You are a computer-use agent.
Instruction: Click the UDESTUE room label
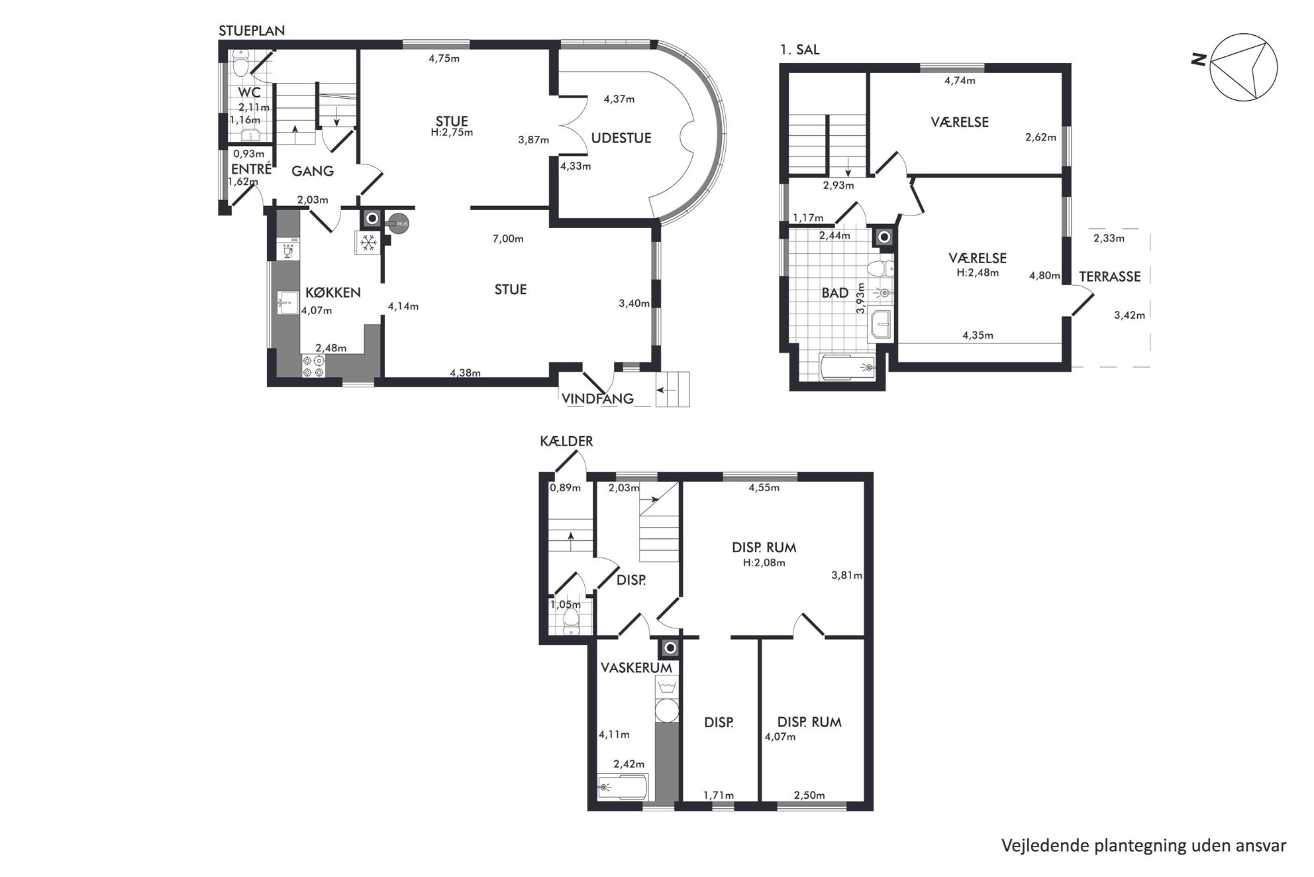point(621,138)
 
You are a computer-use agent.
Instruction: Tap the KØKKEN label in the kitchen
point(332,292)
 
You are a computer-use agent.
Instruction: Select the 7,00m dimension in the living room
point(508,239)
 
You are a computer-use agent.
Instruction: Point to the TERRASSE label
point(1110,276)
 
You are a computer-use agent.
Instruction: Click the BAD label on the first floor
point(834,293)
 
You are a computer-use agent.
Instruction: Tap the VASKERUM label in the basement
point(636,668)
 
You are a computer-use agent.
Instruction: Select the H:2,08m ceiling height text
point(764,563)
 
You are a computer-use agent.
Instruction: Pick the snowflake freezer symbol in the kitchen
point(367,243)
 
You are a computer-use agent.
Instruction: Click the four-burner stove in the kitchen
point(313,367)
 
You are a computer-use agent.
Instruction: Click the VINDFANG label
point(597,398)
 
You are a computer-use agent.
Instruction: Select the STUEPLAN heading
point(252,30)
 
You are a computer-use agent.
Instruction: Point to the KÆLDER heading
point(566,441)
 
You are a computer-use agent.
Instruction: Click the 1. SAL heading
point(799,49)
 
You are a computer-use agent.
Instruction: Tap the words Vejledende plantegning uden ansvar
point(1144,845)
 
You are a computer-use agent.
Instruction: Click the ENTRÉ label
point(251,169)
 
